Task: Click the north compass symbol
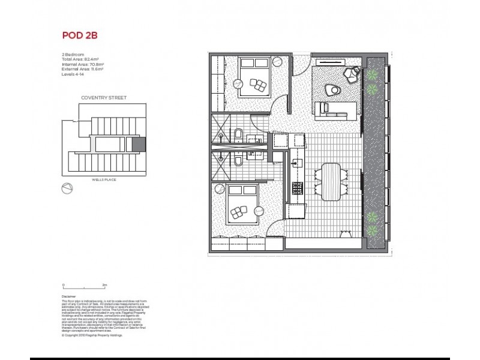(68, 188)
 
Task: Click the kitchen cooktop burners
(296, 188)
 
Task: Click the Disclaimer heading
(70, 296)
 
